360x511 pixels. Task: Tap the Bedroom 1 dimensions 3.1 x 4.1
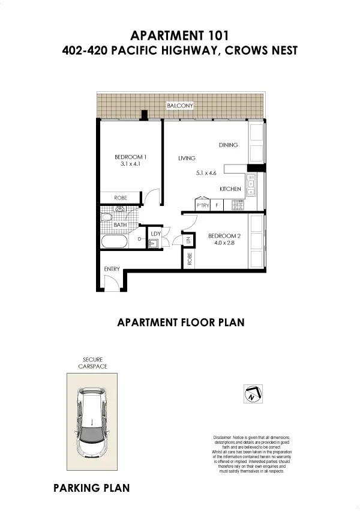[130, 163]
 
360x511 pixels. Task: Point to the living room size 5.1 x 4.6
[205, 173]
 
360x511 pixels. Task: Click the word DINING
[228, 145]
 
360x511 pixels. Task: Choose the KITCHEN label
[230, 189]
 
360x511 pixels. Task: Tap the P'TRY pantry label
[202, 206]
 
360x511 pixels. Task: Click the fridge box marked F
[217, 206]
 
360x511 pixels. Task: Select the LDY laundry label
[155, 233]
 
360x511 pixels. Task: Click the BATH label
[120, 225]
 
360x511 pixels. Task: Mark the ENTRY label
[112, 268]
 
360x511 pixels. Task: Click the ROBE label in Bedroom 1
[120, 198]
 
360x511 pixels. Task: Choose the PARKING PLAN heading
[91, 487]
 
